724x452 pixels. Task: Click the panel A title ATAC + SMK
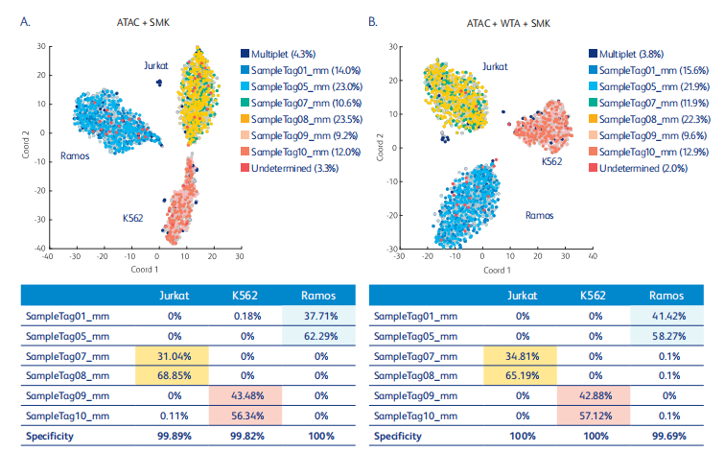tap(137, 22)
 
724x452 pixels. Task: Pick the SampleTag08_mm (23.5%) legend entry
tap(292, 119)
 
